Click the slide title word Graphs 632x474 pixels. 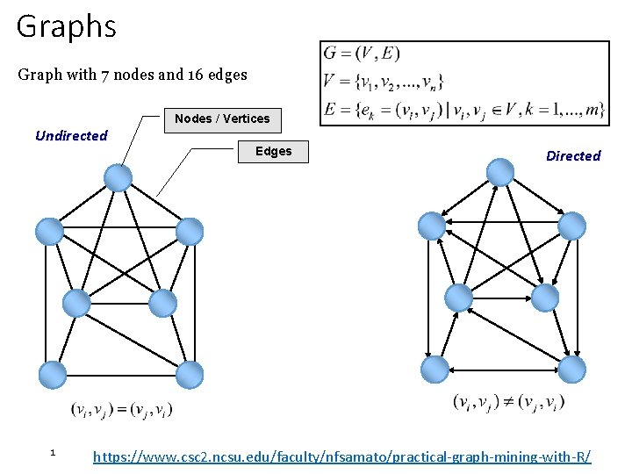click(66, 26)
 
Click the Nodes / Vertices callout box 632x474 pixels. click(222, 118)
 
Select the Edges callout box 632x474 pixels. click(273, 151)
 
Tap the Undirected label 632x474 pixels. click(71, 135)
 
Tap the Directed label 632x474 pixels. click(573, 156)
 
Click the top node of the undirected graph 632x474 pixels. click(118, 178)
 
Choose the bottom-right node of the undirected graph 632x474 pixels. click(189, 375)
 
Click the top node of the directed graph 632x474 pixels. click(500, 171)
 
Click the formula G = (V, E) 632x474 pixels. click(362, 54)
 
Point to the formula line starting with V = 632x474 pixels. click(384, 83)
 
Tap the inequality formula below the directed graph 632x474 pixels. click(509, 402)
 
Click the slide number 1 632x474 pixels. click(53, 452)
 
